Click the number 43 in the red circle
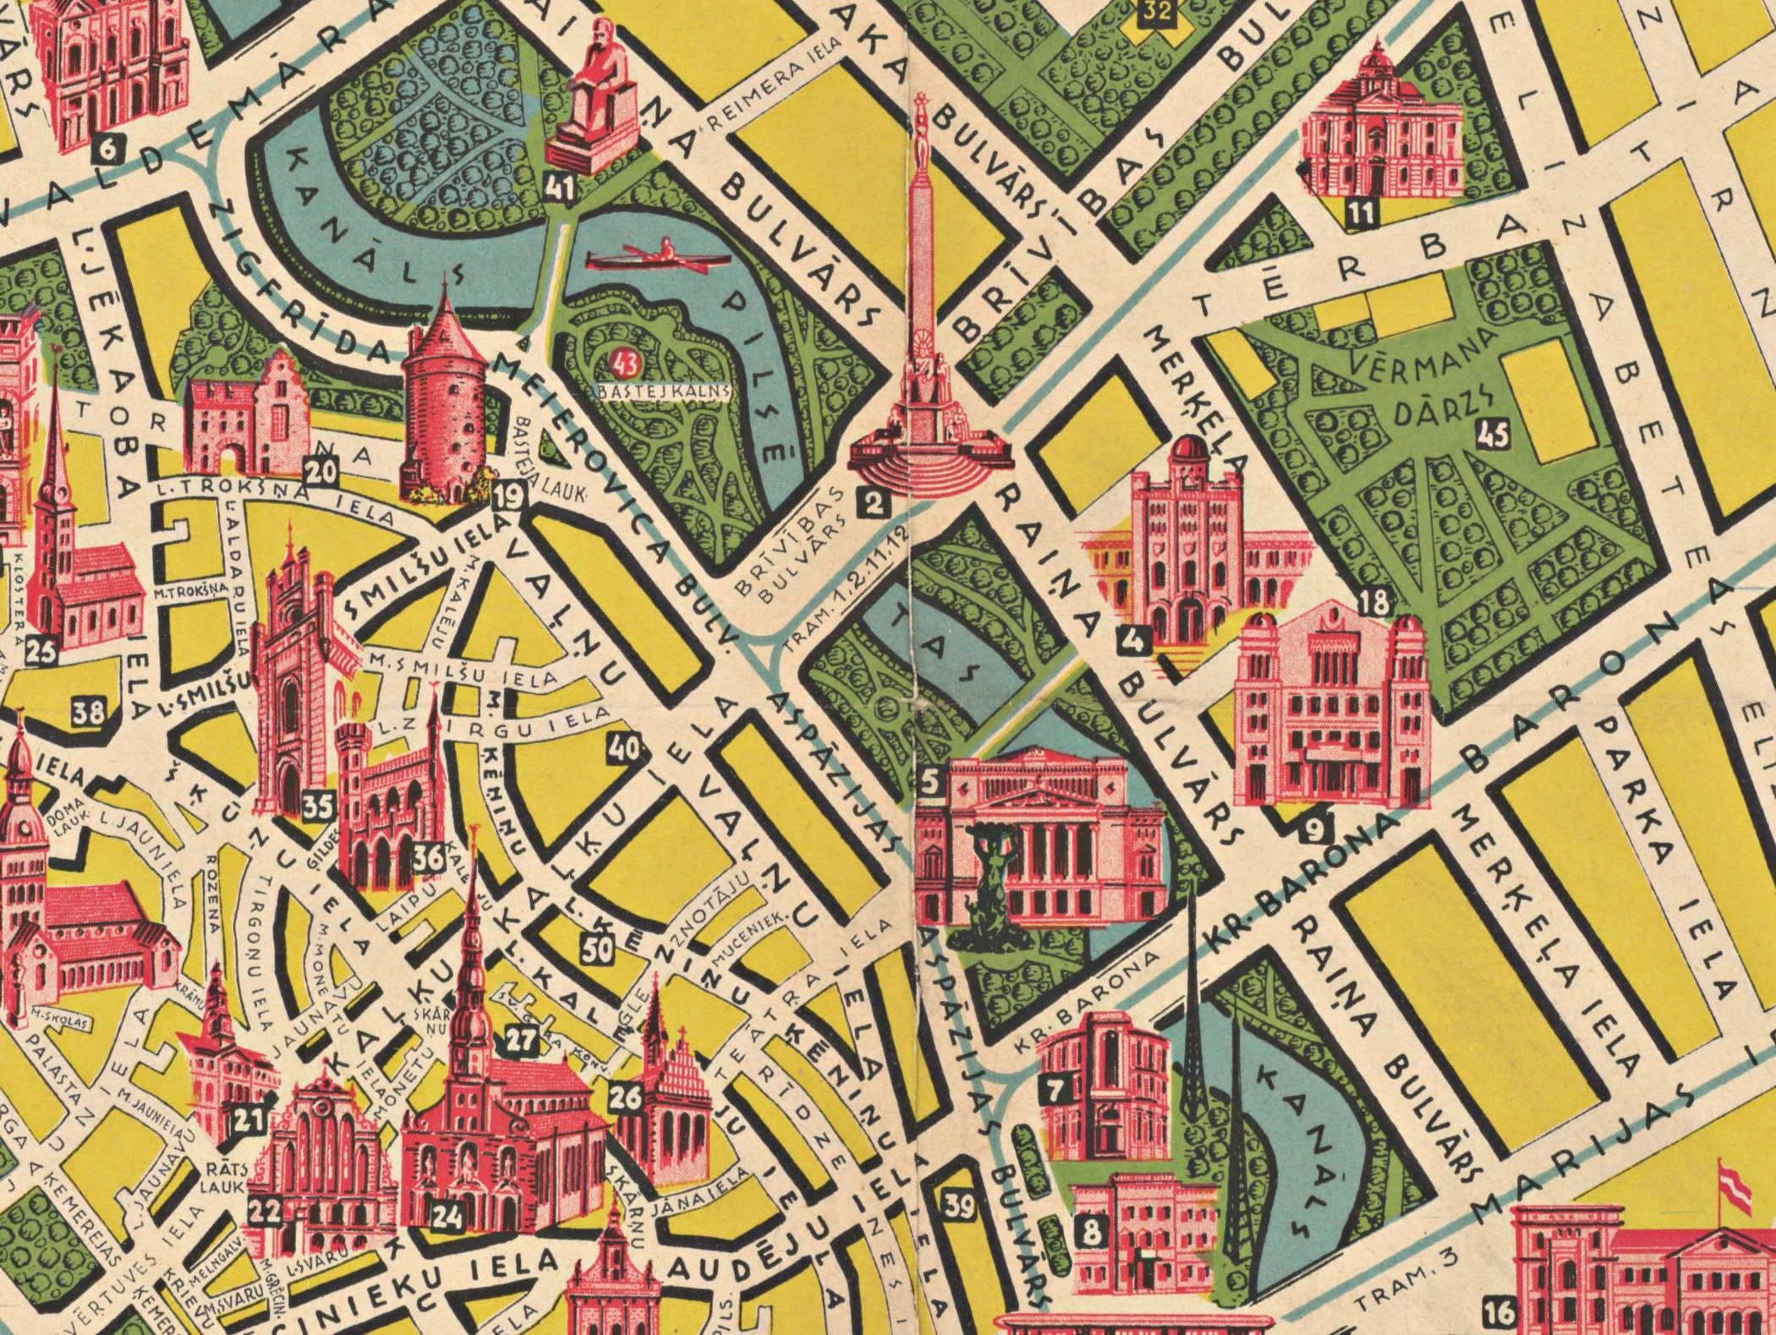click(628, 364)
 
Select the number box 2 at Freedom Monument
click(873, 504)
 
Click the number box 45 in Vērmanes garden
click(1492, 435)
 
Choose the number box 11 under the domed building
click(1362, 212)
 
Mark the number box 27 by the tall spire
click(522, 1038)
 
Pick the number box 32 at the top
click(1154, 13)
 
